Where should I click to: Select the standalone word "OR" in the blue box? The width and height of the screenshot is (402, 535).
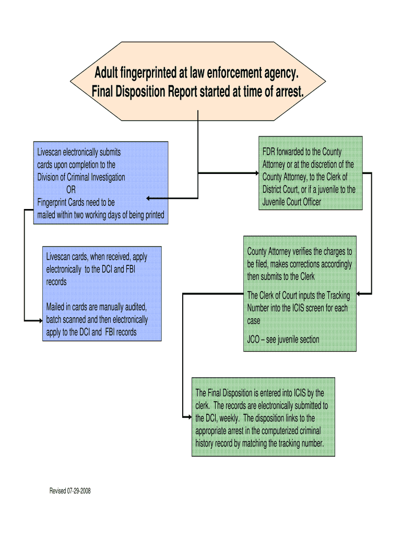coord(71,190)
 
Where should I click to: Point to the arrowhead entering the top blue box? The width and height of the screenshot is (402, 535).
coord(149,199)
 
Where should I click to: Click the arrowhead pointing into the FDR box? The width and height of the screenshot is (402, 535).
coord(256,173)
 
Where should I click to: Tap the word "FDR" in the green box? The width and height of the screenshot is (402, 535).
coord(270,152)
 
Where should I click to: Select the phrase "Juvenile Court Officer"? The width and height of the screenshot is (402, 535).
coord(292,202)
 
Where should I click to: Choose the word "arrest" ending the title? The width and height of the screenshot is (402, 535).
coord(287,92)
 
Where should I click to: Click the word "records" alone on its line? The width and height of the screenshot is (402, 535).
coord(56,282)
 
